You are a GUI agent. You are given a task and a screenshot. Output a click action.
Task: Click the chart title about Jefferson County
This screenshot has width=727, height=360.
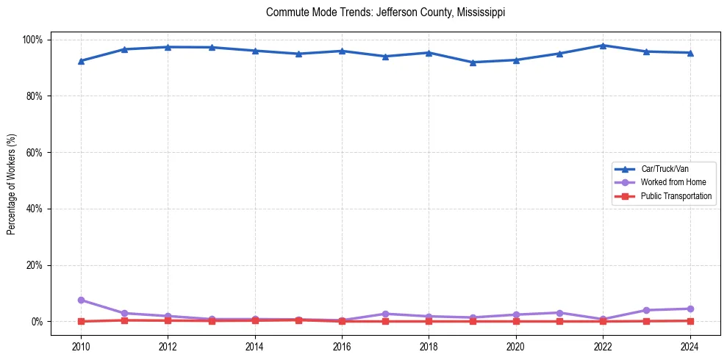pyautogui.click(x=385, y=13)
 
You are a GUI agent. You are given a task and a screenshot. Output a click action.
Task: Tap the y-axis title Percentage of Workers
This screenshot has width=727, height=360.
pyautogui.click(x=12, y=180)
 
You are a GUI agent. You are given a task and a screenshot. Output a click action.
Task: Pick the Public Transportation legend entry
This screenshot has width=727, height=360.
pyautogui.click(x=676, y=196)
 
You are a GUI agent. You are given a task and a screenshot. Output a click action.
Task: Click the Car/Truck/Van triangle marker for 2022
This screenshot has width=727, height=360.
pyautogui.click(x=603, y=46)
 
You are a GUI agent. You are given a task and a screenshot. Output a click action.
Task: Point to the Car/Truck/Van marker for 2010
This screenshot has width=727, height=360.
pyautogui.click(x=81, y=61)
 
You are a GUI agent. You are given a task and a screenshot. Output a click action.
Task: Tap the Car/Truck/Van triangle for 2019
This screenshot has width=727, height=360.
pyautogui.click(x=473, y=62)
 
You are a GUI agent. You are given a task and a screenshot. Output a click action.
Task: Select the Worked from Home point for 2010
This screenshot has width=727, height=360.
pyautogui.click(x=81, y=300)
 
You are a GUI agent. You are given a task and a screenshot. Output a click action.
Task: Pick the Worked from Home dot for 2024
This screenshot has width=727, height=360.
pyautogui.click(x=690, y=309)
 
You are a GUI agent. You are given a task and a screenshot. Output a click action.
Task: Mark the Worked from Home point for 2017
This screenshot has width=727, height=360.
pyautogui.click(x=386, y=314)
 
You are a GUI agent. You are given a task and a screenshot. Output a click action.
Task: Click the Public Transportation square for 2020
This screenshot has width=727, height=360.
pyautogui.click(x=516, y=321)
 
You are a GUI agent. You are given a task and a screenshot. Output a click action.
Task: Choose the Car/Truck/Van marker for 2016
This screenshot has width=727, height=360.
pyautogui.click(x=343, y=51)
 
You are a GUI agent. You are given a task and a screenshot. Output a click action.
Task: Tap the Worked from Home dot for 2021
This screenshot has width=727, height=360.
pyautogui.click(x=559, y=313)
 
